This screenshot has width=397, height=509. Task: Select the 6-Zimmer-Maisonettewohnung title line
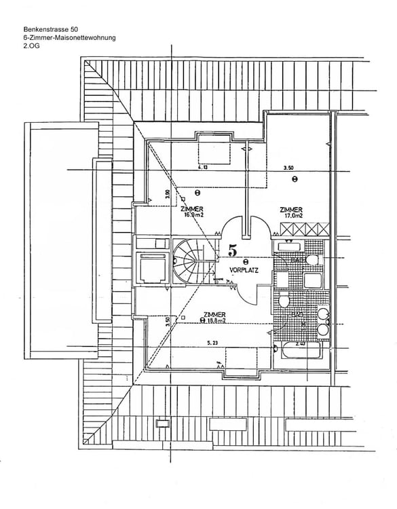pos(69,39)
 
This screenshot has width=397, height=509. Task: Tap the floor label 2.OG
pos(33,48)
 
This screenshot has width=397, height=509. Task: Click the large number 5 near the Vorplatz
pos(233,250)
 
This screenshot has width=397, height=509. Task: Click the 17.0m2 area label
pos(292,216)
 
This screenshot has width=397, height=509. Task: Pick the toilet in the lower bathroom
pos(284,301)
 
